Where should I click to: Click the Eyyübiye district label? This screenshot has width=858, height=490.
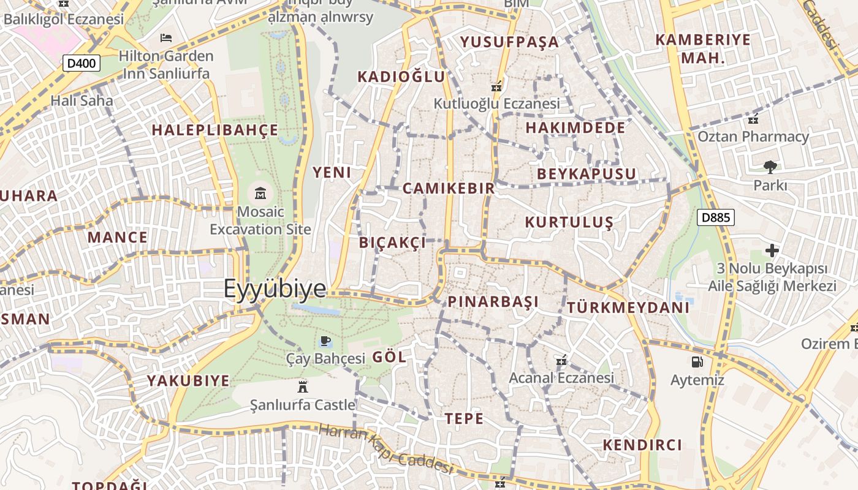[x=274, y=288]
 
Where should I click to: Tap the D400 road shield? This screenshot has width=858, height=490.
[x=82, y=63]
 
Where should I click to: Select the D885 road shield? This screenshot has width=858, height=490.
[x=715, y=217]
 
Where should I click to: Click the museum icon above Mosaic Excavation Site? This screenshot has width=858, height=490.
[x=260, y=194]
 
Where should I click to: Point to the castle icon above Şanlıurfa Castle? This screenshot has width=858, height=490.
[x=302, y=386]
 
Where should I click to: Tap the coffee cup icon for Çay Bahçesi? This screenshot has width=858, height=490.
[x=325, y=341]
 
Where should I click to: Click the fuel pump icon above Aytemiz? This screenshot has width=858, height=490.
[x=697, y=362]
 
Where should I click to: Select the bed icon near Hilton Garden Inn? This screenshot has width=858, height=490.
[x=165, y=38]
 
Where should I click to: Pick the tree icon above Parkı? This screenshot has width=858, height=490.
[x=770, y=167]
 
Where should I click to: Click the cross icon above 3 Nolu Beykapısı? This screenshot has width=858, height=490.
[x=772, y=251]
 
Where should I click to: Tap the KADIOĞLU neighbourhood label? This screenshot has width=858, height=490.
[x=401, y=77]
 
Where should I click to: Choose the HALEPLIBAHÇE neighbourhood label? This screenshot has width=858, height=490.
[x=215, y=130]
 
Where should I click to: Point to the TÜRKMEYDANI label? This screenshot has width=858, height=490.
[x=628, y=307]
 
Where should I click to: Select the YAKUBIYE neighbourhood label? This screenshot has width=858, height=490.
[x=188, y=381]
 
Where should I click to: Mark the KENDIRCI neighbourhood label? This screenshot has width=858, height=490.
[x=642, y=445]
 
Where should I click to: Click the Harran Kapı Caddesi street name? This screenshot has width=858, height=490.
[x=386, y=450]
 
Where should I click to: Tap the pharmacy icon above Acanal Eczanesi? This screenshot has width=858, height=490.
[x=561, y=360]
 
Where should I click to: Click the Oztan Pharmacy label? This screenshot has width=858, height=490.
[x=753, y=137]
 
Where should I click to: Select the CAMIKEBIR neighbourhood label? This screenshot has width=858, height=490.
[x=449, y=188]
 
